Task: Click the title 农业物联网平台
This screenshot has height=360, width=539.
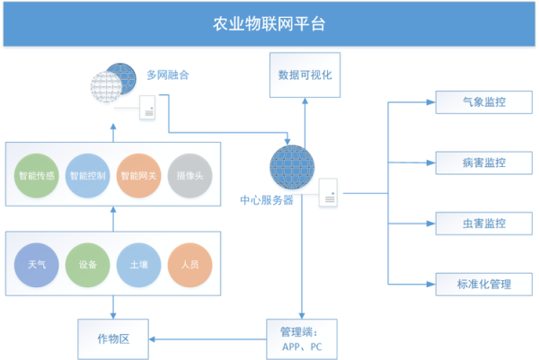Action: [x=269, y=23]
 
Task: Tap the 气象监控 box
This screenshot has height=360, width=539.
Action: [x=483, y=102]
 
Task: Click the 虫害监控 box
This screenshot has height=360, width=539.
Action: [x=483, y=223]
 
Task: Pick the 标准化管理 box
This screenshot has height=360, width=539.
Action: [x=483, y=284]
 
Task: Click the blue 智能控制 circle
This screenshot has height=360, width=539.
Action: [x=88, y=176]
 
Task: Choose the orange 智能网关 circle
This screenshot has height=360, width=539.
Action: [x=139, y=176]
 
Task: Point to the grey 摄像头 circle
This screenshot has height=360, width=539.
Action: [x=190, y=176]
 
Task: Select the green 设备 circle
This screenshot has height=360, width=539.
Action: [x=88, y=265]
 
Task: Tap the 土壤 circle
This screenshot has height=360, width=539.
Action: [x=139, y=265]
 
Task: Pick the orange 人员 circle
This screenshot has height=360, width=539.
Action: [x=190, y=265]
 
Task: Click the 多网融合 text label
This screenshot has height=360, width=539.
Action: [x=169, y=75]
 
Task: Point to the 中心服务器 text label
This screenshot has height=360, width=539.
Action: [x=267, y=201]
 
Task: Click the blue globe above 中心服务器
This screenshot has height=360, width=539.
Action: [x=292, y=168]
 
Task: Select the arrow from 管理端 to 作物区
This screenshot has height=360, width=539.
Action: [x=207, y=338]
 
